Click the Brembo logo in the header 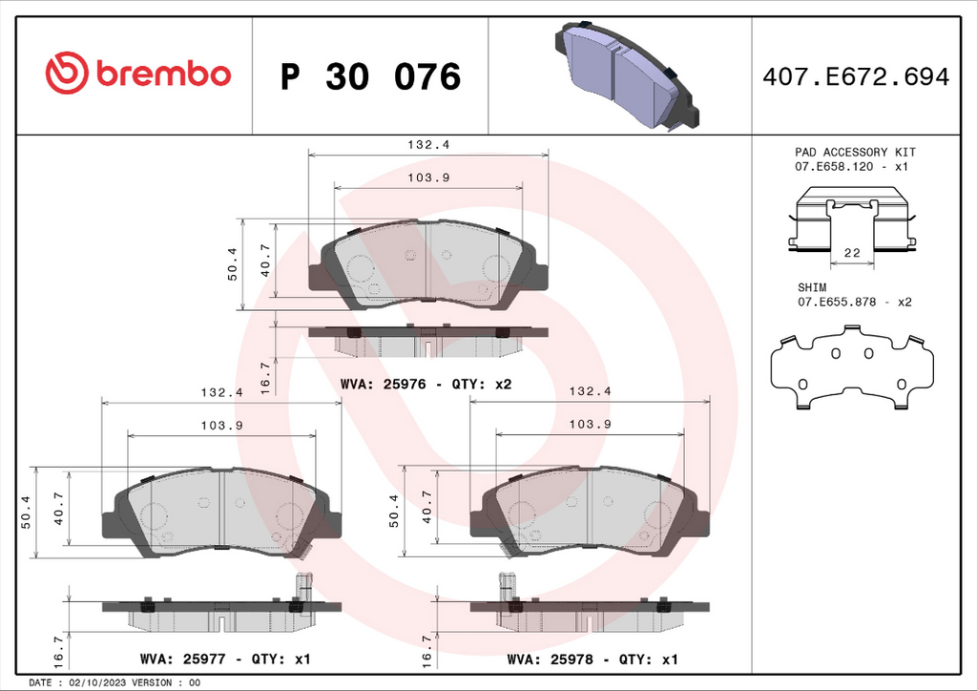coord(137,73)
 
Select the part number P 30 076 coord(370,76)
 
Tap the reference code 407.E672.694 coord(856,76)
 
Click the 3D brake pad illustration coord(626,74)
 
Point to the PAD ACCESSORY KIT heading coord(855,152)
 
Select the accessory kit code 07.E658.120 coord(834,167)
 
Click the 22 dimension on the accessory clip coord(852,253)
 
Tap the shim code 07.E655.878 coord(837,303)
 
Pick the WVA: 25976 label coord(384,385)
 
